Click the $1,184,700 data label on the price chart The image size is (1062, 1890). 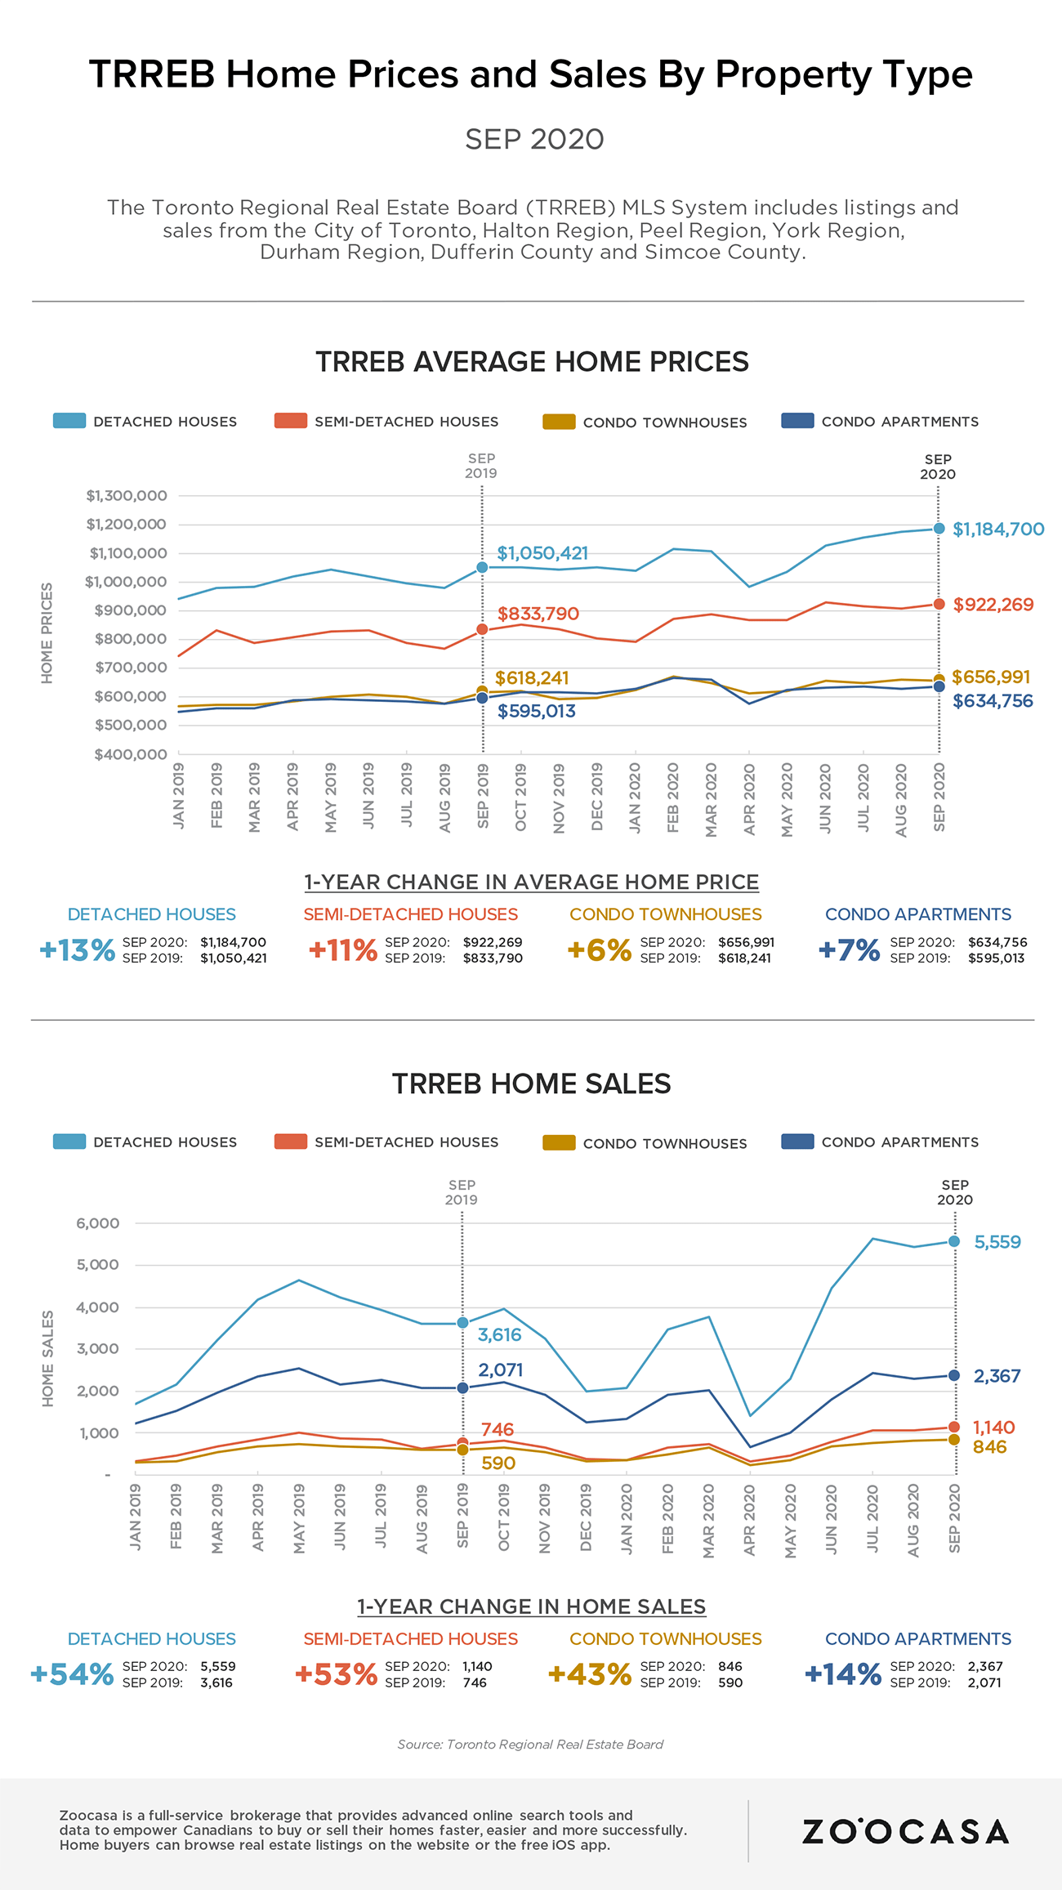pyautogui.click(x=998, y=529)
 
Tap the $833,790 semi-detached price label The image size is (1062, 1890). pyautogui.click(x=538, y=614)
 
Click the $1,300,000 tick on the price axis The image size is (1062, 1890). pyautogui.click(x=127, y=496)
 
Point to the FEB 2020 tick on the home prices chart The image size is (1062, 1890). pyautogui.click(x=673, y=798)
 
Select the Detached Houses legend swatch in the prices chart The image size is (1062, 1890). pyautogui.click(x=69, y=422)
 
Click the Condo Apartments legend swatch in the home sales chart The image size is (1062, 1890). pyautogui.click(x=797, y=1142)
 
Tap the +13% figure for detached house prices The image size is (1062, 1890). pyautogui.click(x=78, y=950)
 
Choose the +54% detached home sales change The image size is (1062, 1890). pyautogui.click(x=72, y=1674)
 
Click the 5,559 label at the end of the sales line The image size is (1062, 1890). pyautogui.click(x=997, y=1242)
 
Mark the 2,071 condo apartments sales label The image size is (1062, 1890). pyautogui.click(x=500, y=1370)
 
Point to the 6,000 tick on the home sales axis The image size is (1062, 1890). pyautogui.click(x=98, y=1223)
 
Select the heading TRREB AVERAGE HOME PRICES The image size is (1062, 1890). pyautogui.click(x=532, y=362)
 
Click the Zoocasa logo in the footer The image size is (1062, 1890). pyautogui.click(x=905, y=1832)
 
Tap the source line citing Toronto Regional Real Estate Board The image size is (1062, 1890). pyautogui.click(x=530, y=1745)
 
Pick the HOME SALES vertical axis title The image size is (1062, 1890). pyautogui.click(x=48, y=1358)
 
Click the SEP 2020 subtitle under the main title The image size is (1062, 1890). pyautogui.click(x=534, y=140)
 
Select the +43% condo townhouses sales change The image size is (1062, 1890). pyautogui.click(x=590, y=1674)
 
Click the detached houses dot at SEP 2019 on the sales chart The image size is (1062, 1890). pyautogui.click(x=462, y=1322)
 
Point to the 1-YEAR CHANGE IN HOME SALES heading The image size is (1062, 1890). pyautogui.click(x=531, y=1606)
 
